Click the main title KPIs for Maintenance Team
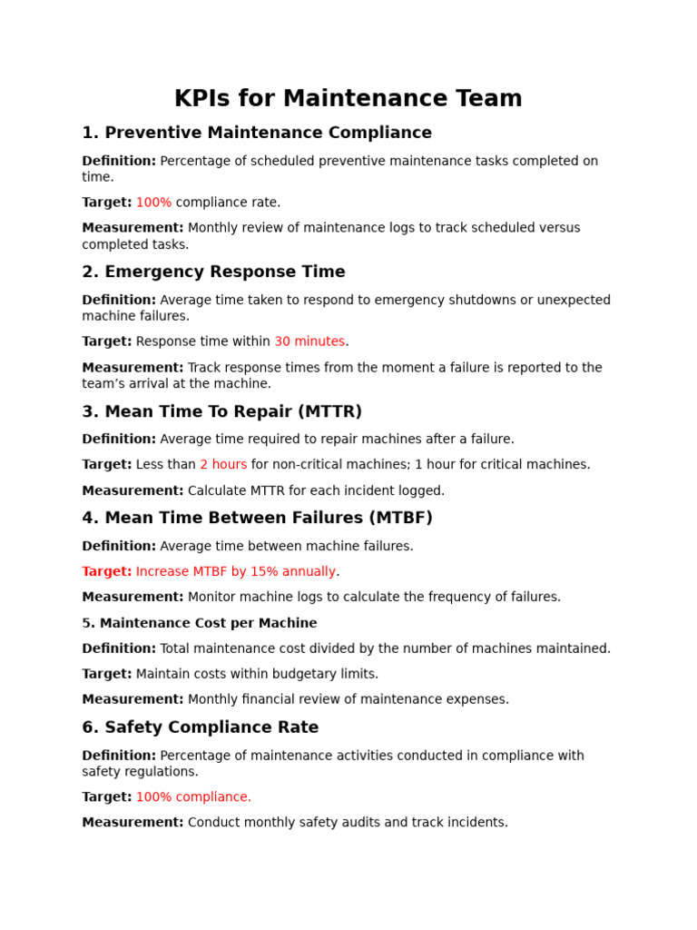348,98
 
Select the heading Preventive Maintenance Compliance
257,133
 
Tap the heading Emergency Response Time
213,272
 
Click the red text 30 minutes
309,341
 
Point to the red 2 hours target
223,464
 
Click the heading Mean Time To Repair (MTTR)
221,411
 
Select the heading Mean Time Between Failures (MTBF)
257,518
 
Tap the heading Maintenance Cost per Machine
200,623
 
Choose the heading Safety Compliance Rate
200,727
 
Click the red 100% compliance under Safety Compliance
193,796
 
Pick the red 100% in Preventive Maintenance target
153,203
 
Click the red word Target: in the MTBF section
107,571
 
